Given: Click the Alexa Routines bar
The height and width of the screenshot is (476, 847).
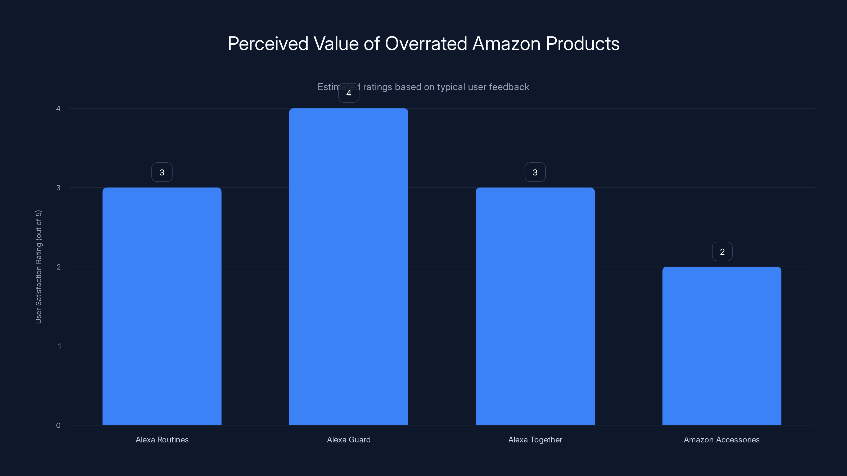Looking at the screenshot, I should [x=162, y=306].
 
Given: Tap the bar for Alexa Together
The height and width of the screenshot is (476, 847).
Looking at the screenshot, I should [x=535, y=306].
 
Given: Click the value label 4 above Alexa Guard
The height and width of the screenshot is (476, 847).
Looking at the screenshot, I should [x=349, y=93].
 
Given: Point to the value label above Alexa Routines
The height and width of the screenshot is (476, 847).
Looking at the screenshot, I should [x=162, y=172].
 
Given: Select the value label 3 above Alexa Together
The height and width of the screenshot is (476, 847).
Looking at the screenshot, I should [x=535, y=172].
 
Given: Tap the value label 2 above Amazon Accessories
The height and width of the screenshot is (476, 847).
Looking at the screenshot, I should [x=722, y=252].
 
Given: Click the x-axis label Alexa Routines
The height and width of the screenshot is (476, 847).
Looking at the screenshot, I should [x=162, y=440].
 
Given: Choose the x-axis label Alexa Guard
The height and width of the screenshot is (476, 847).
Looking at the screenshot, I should [x=349, y=440].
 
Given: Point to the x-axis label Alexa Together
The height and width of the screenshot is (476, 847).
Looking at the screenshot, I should [x=535, y=440].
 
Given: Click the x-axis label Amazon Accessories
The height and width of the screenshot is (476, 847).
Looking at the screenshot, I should [x=722, y=440].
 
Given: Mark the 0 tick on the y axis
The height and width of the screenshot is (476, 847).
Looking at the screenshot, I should [x=58, y=425].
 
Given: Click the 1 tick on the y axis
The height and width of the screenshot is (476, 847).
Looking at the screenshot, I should [x=59, y=346].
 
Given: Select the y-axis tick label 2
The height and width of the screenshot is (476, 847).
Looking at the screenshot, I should [x=58, y=267].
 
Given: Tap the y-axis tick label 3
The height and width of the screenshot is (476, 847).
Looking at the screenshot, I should [x=58, y=187].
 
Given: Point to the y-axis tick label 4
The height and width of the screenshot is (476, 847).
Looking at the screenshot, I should [x=58, y=108].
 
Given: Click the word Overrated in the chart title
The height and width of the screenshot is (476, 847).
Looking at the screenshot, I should [x=426, y=44].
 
